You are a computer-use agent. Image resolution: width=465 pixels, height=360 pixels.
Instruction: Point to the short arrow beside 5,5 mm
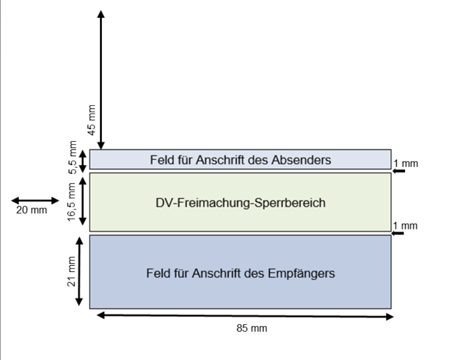click(83, 161)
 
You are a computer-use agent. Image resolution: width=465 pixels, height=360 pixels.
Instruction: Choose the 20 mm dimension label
click(32, 211)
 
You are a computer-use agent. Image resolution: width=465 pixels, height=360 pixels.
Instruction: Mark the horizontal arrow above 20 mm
click(35, 200)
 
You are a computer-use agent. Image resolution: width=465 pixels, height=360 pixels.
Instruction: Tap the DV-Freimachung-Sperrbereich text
click(240, 203)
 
